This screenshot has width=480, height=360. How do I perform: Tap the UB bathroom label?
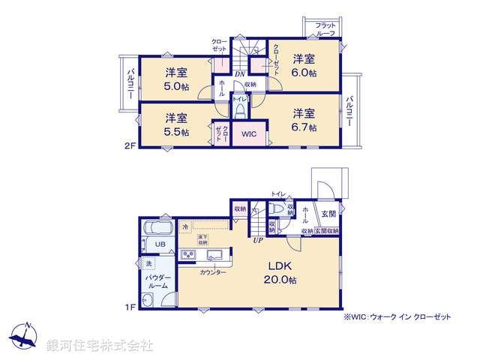[160, 244]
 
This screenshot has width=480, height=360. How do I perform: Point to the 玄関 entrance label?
[328, 214]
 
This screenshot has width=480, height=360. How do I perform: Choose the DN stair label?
[238, 74]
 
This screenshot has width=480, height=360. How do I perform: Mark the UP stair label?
[257, 241]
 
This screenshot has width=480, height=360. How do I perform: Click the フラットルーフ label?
[324, 29]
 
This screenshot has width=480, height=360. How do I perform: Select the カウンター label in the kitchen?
[213, 272]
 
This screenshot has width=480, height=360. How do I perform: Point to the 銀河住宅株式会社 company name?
[100, 346]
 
